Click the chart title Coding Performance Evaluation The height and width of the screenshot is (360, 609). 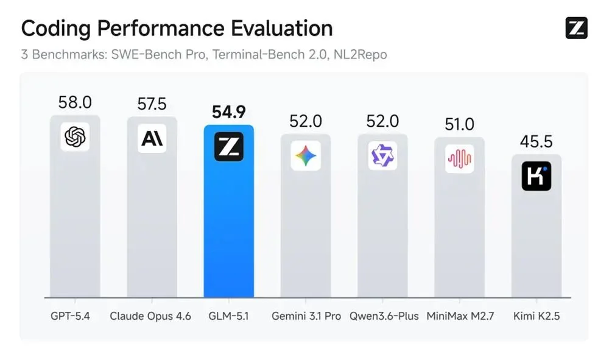pos(177,28)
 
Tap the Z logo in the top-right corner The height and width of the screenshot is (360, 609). pos(576,28)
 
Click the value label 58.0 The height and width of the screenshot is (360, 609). pos(75,102)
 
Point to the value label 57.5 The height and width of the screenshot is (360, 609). pos(152,104)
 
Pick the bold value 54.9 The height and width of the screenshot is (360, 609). pos(228,112)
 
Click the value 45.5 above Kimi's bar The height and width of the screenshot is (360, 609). pos(536,141)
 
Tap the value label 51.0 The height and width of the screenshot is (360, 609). pos(459,124)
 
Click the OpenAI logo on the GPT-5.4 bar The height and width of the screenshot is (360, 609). pos(75,137)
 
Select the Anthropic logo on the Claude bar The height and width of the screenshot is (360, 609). pos(152,138)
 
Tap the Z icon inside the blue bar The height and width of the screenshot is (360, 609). pos(228,146)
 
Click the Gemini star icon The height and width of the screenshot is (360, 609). pos(306,156)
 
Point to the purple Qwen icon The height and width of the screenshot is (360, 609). pos(382,156)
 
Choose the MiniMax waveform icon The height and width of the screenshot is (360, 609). pos(459,158)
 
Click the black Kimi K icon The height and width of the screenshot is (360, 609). pos(536,176)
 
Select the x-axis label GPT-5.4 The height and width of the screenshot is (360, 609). pos(71,317)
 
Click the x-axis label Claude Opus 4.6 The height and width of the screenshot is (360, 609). pos(150,317)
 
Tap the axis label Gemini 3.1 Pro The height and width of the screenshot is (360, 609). pos(306,317)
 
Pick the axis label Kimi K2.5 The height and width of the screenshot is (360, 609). pos(536,317)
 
